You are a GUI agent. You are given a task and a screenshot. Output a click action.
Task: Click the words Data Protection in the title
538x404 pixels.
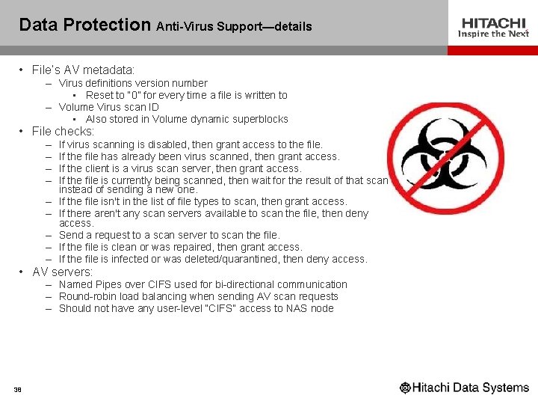click(84, 25)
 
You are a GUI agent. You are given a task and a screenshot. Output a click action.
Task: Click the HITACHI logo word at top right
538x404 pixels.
click(493, 23)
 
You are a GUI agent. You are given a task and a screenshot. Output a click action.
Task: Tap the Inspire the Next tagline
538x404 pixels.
click(493, 34)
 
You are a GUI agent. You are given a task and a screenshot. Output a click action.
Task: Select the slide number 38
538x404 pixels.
click(17, 389)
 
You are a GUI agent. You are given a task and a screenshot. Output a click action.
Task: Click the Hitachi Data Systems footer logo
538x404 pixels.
click(464, 388)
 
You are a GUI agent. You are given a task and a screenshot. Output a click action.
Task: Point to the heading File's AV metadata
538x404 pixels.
click(83, 70)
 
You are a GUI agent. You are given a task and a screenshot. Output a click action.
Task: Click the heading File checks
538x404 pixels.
click(63, 132)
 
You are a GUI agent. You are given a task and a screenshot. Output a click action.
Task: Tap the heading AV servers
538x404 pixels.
click(62, 272)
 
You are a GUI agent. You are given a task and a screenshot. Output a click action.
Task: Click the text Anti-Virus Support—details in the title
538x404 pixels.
click(234, 27)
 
